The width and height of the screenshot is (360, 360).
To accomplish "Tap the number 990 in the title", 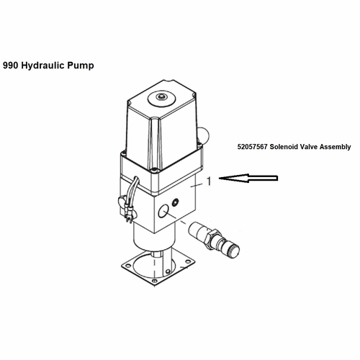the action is [10, 66].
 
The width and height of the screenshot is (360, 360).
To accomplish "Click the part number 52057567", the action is [252, 147].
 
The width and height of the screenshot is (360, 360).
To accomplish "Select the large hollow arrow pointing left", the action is [248, 178].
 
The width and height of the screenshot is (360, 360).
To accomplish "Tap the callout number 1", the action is [210, 181].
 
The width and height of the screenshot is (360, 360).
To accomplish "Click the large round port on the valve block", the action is [163, 212].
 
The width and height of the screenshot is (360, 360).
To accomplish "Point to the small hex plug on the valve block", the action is [176, 202].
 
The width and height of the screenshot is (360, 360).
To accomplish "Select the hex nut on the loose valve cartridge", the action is [212, 238].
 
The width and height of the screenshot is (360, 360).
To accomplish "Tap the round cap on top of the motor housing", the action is [161, 98].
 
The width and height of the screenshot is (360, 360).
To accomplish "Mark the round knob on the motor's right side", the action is [204, 135].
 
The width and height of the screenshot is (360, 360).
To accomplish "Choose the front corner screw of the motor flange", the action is [153, 171].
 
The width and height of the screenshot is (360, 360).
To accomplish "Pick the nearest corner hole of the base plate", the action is [155, 281].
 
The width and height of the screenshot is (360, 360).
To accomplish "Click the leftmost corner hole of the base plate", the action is [127, 265].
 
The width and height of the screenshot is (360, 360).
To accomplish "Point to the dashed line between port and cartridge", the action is [179, 220].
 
